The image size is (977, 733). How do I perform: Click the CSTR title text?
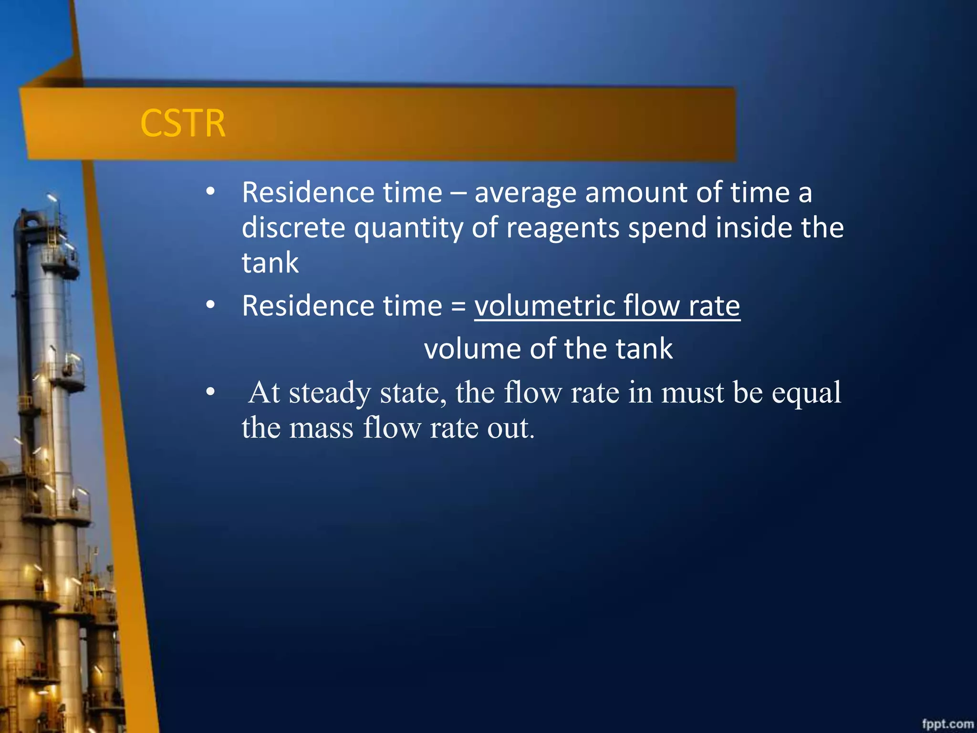(x=183, y=123)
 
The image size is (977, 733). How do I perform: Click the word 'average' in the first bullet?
(x=526, y=193)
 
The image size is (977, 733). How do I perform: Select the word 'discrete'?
(x=293, y=228)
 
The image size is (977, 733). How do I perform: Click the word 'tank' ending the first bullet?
(x=270, y=262)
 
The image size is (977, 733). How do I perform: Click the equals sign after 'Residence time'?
(x=458, y=306)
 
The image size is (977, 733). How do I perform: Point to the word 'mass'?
(x=322, y=428)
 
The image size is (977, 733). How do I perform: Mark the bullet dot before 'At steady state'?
(x=210, y=392)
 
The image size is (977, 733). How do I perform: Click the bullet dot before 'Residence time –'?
(x=210, y=192)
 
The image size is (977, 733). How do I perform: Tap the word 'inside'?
(x=754, y=228)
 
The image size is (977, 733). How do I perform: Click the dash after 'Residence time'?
(x=458, y=193)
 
